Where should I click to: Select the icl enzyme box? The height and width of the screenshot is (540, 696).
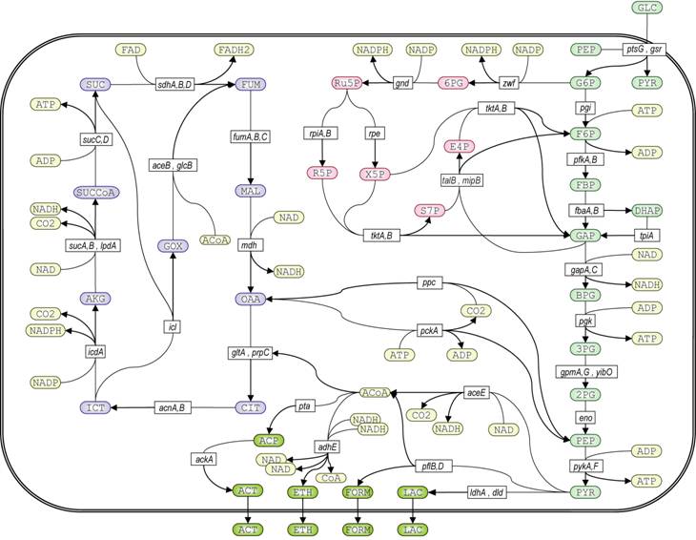[173, 326]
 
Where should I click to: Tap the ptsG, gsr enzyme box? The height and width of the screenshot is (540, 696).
[645, 49]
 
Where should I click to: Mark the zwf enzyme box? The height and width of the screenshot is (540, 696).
[508, 84]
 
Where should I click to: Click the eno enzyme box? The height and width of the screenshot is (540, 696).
[584, 417]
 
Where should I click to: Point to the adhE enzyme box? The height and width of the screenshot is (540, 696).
[328, 445]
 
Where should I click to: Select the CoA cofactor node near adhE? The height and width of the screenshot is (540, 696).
[331, 477]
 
